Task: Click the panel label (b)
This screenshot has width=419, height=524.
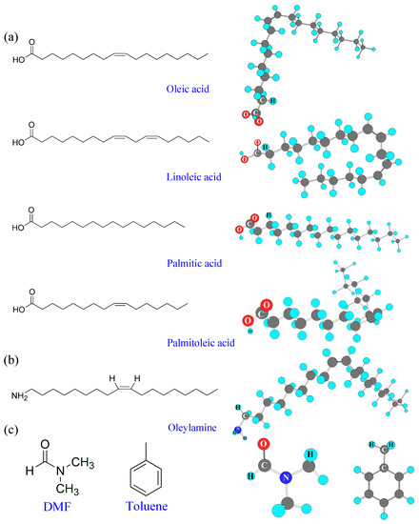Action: [11, 365]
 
